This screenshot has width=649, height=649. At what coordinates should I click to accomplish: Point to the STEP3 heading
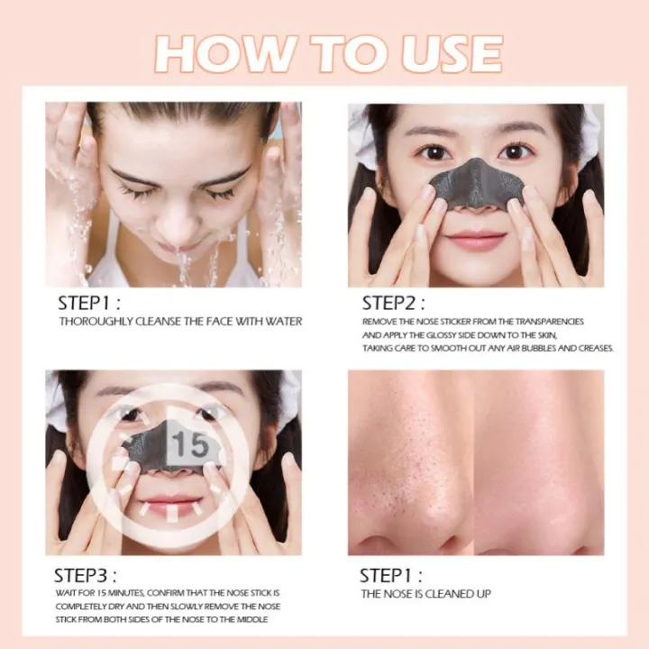[86, 575]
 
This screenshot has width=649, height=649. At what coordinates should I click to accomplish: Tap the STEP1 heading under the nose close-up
[391, 575]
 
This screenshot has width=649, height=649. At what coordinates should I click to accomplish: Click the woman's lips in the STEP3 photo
[170, 505]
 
